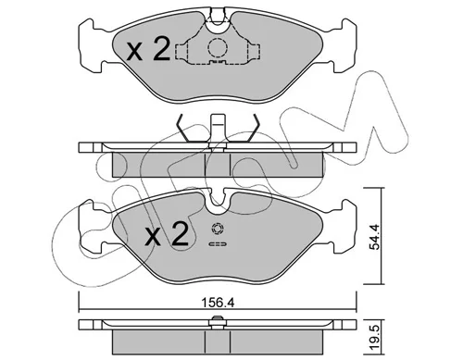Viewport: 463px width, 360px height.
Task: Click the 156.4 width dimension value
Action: click(x=218, y=303)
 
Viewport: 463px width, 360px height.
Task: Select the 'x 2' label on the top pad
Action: click(x=148, y=48)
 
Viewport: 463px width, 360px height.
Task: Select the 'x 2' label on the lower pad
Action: click(x=167, y=233)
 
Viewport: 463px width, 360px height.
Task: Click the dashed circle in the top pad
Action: click(x=218, y=47)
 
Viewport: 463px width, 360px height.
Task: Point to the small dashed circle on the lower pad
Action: click(x=218, y=229)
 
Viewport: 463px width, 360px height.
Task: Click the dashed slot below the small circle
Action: click(x=218, y=244)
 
